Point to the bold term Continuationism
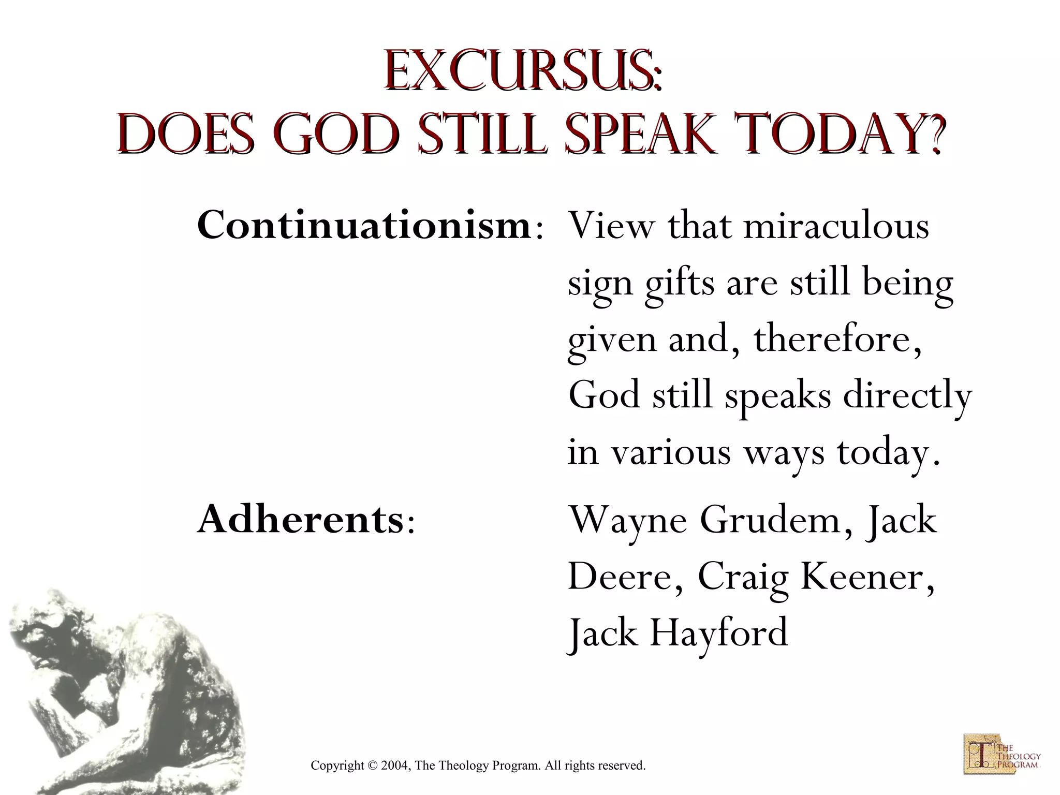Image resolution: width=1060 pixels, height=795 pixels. [364, 226]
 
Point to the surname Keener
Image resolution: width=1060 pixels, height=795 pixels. [867, 577]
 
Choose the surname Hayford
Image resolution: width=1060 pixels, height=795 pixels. [719, 632]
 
